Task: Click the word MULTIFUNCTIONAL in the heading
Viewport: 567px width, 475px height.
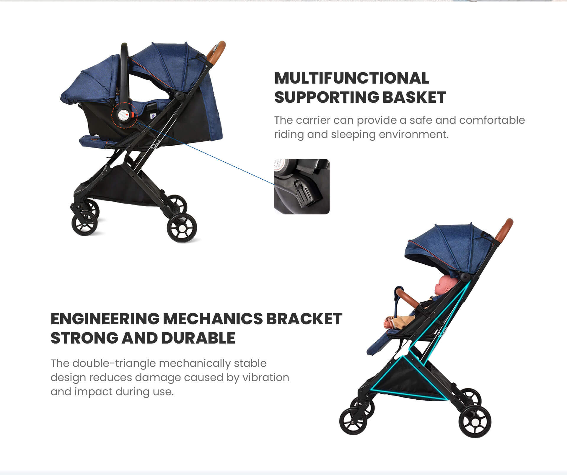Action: (x=352, y=78)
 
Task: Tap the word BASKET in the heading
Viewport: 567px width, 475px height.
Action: (x=414, y=97)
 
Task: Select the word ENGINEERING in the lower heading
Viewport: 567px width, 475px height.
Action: (x=105, y=319)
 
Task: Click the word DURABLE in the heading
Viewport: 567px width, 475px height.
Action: (x=198, y=338)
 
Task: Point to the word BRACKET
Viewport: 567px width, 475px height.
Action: (x=304, y=319)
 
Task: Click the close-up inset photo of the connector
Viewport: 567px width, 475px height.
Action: (x=302, y=186)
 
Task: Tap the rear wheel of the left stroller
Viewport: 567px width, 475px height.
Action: (x=182, y=228)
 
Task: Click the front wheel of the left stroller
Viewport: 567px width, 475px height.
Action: (x=84, y=223)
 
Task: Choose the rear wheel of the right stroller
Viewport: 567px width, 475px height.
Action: (x=475, y=421)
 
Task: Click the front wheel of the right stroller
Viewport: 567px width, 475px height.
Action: (x=353, y=421)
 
